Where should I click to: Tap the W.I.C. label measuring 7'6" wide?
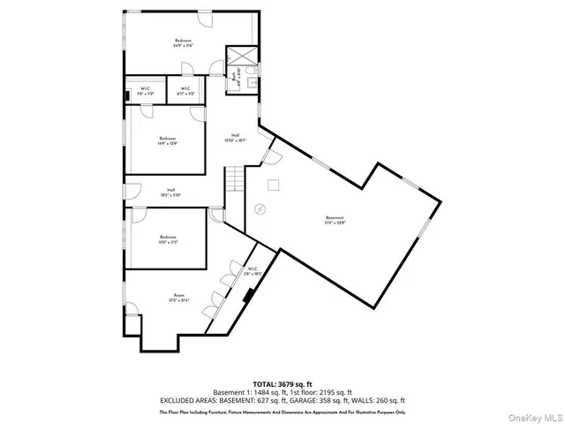pyautogui.click(x=146, y=90)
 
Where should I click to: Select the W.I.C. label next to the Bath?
pyautogui.click(x=185, y=90)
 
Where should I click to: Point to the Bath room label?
pyautogui.click(x=235, y=78)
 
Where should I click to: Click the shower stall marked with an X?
pyautogui.click(x=240, y=57)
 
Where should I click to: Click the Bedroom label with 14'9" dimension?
pyautogui.click(x=168, y=140)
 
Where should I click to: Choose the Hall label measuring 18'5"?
pyautogui.click(x=170, y=192)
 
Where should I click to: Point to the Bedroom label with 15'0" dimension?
pyautogui.click(x=169, y=238)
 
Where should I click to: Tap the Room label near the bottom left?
pyautogui.click(x=179, y=298)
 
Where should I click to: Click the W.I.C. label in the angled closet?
pyautogui.click(x=252, y=271)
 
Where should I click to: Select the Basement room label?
pyautogui.click(x=334, y=220)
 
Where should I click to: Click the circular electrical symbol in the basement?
pyautogui.click(x=260, y=208)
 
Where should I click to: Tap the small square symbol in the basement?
pyautogui.click(x=273, y=184)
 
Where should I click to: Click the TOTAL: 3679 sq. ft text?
pyautogui.click(x=282, y=383)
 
